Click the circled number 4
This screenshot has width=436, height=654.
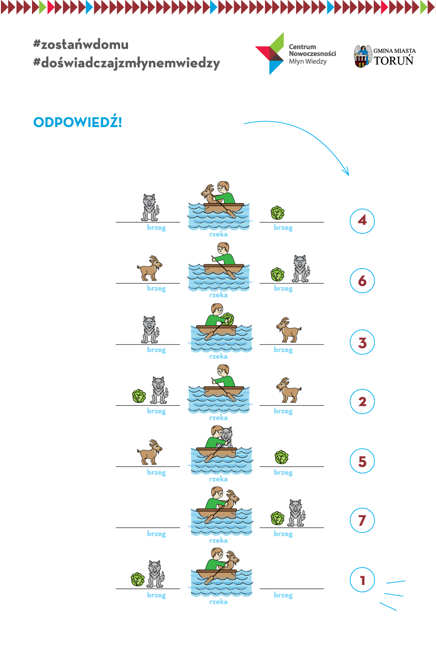click(x=362, y=221)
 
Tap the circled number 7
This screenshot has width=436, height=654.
click(x=362, y=520)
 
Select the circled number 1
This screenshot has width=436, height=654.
click(x=362, y=580)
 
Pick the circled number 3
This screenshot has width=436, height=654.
click(x=362, y=342)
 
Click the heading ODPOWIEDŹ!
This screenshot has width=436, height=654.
click(x=77, y=122)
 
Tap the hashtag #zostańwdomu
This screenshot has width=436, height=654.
click(x=81, y=45)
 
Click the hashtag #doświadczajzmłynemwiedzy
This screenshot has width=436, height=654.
click(x=127, y=63)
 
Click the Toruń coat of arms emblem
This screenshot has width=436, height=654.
click(x=362, y=56)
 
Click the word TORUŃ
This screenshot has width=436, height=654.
click(x=394, y=60)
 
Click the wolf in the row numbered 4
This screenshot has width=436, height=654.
click(x=150, y=208)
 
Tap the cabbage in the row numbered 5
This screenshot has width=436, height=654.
click(x=282, y=457)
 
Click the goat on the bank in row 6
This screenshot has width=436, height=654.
click(x=149, y=268)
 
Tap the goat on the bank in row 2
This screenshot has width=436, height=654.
click(x=289, y=390)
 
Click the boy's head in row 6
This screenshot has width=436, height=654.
click(x=224, y=249)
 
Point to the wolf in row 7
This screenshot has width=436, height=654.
click(x=296, y=513)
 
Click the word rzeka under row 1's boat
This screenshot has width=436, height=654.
click(x=218, y=602)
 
